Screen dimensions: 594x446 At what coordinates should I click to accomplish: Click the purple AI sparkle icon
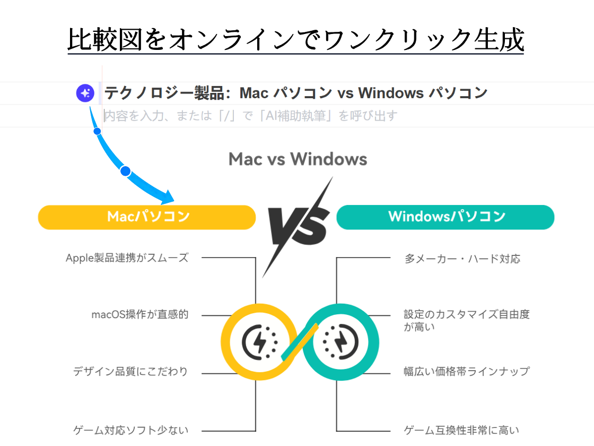pyautogui.click(x=85, y=93)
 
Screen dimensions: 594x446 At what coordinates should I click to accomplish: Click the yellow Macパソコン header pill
pyautogui.click(x=147, y=217)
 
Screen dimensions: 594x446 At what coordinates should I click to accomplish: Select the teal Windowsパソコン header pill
pyautogui.click(x=445, y=217)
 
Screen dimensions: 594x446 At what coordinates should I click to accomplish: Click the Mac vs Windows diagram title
pyautogui.click(x=298, y=159)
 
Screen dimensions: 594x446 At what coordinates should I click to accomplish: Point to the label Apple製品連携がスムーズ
pyautogui.click(x=127, y=258)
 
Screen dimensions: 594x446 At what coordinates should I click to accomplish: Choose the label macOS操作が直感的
pyautogui.click(x=139, y=314)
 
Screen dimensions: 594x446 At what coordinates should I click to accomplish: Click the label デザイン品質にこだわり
pyautogui.click(x=130, y=371)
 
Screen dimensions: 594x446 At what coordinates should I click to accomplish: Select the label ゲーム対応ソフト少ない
pyautogui.click(x=130, y=430)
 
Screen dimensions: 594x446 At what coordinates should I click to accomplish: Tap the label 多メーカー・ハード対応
pyautogui.click(x=462, y=259)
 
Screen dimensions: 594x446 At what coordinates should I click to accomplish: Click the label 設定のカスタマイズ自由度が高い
pyautogui.click(x=466, y=320)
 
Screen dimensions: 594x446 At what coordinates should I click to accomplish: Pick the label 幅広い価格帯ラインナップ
pyautogui.click(x=466, y=371)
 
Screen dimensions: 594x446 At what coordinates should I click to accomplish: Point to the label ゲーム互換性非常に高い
pyautogui.click(x=461, y=430)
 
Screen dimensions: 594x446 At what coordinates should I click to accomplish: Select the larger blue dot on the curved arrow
pyautogui.click(x=125, y=171)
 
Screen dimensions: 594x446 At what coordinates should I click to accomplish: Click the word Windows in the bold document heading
pyautogui.click(x=390, y=93)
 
